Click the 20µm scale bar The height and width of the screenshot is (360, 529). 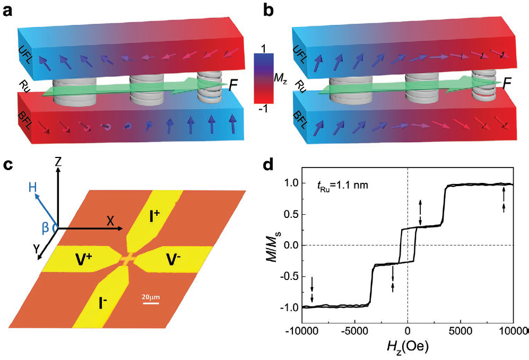[151, 303]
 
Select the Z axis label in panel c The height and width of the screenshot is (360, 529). [58, 162]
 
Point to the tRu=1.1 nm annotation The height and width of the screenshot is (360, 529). [334, 186]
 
